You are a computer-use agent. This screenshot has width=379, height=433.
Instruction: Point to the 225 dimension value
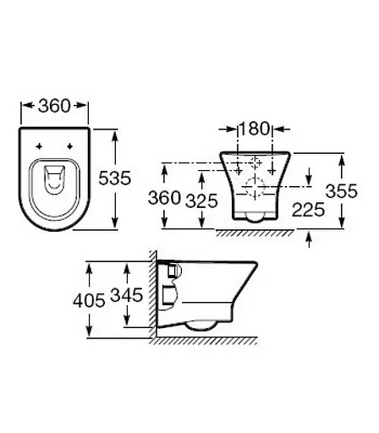tap(310, 209)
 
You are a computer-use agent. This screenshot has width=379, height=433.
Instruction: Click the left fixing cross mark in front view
tap(239, 161)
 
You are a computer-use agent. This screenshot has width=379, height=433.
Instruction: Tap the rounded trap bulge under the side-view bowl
tap(203, 326)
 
